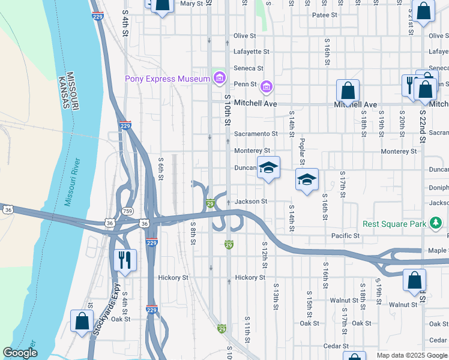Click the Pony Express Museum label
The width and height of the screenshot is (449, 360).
[x=167, y=79]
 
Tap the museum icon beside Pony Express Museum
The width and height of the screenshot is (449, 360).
[x=219, y=79]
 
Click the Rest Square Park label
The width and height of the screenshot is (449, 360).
[x=394, y=224]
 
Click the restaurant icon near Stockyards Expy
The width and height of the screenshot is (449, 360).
[x=125, y=259]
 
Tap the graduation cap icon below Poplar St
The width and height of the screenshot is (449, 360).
[x=307, y=179]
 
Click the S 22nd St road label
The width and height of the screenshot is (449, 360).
[x=422, y=125]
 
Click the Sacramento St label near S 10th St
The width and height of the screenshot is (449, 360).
[x=256, y=134]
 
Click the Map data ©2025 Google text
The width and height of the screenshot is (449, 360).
[x=412, y=355]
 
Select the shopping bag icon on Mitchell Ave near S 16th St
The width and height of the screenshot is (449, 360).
[x=348, y=91]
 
